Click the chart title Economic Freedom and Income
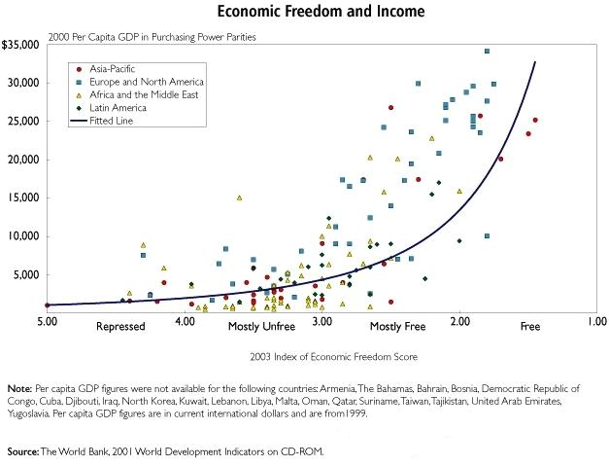click(x=321, y=11)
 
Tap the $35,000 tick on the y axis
click(x=20, y=45)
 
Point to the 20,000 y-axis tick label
click(x=23, y=160)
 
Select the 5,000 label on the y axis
click(x=26, y=274)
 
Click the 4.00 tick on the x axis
click(x=185, y=321)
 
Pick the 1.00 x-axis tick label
click(x=597, y=321)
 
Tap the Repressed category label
click(x=120, y=326)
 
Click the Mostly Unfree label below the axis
click(x=261, y=326)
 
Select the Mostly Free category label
click(x=397, y=326)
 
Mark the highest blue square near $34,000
click(x=487, y=52)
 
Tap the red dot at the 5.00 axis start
click(x=48, y=305)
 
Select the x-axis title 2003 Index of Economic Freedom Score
click(x=333, y=357)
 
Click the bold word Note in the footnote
click(x=19, y=388)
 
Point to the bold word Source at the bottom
click(x=23, y=451)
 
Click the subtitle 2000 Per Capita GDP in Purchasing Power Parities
click(x=152, y=37)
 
